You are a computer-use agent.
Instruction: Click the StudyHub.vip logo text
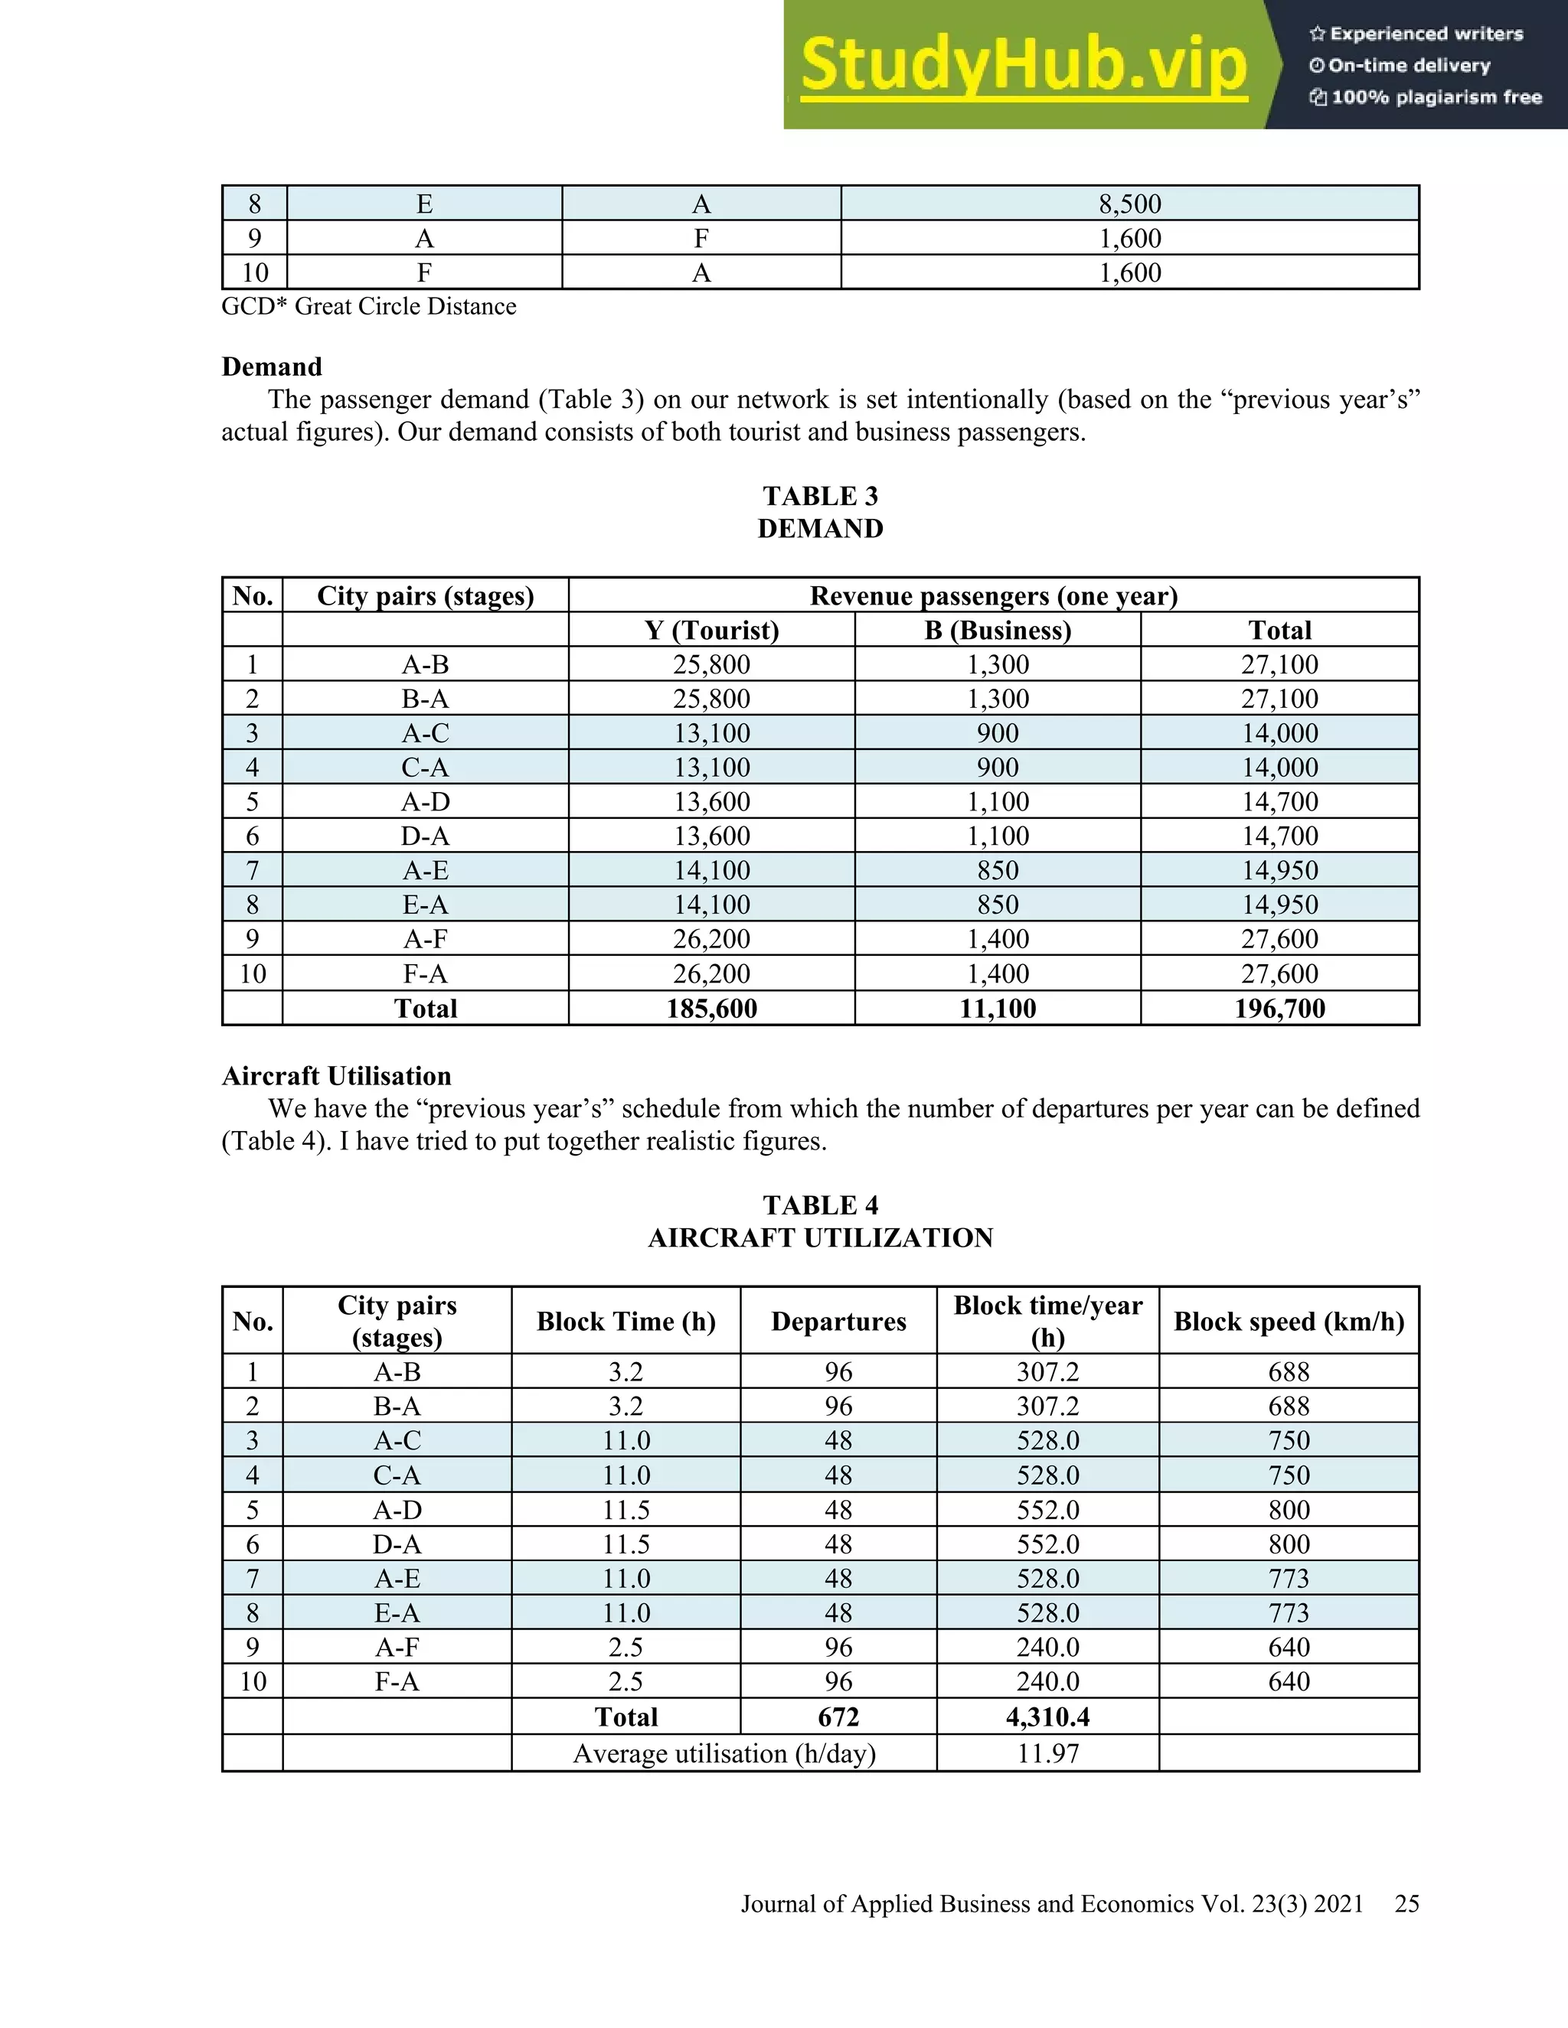click(1023, 65)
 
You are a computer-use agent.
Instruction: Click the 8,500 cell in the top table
click(1129, 204)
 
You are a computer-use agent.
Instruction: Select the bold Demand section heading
click(271, 367)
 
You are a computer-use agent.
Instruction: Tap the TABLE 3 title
click(820, 496)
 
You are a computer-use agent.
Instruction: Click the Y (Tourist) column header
click(711, 630)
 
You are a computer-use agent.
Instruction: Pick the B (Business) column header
click(998, 630)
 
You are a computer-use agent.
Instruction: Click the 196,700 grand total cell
click(1279, 1009)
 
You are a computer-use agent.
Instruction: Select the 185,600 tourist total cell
click(711, 1009)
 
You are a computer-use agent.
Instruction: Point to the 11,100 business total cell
click(998, 1009)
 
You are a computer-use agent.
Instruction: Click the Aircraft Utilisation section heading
click(336, 1076)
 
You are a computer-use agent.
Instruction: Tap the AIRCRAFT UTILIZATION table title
click(820, 1237)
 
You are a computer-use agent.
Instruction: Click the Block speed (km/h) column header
click(1289, 1322)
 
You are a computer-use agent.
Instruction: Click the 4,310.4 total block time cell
click(1048, 1717)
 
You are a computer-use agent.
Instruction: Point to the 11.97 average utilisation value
click(1048, 1753)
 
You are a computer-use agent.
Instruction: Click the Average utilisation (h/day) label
click(724, 1753)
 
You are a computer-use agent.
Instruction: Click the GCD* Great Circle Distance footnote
click(369, 306)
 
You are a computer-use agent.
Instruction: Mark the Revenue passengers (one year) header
click(993, 595)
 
